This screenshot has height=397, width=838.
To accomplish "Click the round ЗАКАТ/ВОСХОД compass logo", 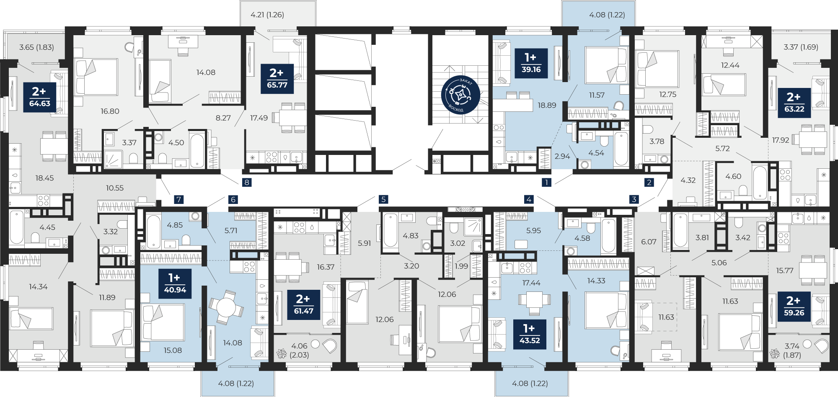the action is [460, 95].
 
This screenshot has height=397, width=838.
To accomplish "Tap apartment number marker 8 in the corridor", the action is [247, 182].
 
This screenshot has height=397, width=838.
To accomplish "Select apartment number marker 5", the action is [383, 199].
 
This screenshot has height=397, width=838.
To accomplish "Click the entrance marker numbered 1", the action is [546, 182].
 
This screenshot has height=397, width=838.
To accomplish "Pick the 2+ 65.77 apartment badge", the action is [277, 78].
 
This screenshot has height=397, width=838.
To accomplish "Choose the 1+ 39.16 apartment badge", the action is [531, 63].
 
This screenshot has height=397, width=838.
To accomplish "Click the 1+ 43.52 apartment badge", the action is [530, 334].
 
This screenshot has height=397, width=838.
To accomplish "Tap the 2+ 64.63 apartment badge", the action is [39, 97].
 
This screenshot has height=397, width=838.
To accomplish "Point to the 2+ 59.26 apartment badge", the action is [794, 307].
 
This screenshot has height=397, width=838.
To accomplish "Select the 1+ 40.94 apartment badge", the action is [175, 284].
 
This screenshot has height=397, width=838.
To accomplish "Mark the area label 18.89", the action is [547, 106].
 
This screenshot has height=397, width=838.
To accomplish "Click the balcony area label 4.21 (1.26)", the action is [267, 15].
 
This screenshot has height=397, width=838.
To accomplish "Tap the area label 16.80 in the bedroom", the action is [110, 111].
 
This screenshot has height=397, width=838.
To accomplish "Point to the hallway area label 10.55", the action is [115, 188].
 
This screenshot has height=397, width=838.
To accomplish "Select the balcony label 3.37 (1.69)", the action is [801, 47].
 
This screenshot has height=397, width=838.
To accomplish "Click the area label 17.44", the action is [531, 283].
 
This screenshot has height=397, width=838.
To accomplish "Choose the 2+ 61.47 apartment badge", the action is [304, 304].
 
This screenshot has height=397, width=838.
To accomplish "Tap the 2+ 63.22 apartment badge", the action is [794, 103].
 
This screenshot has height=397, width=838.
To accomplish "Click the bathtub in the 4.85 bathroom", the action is [154, 232].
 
